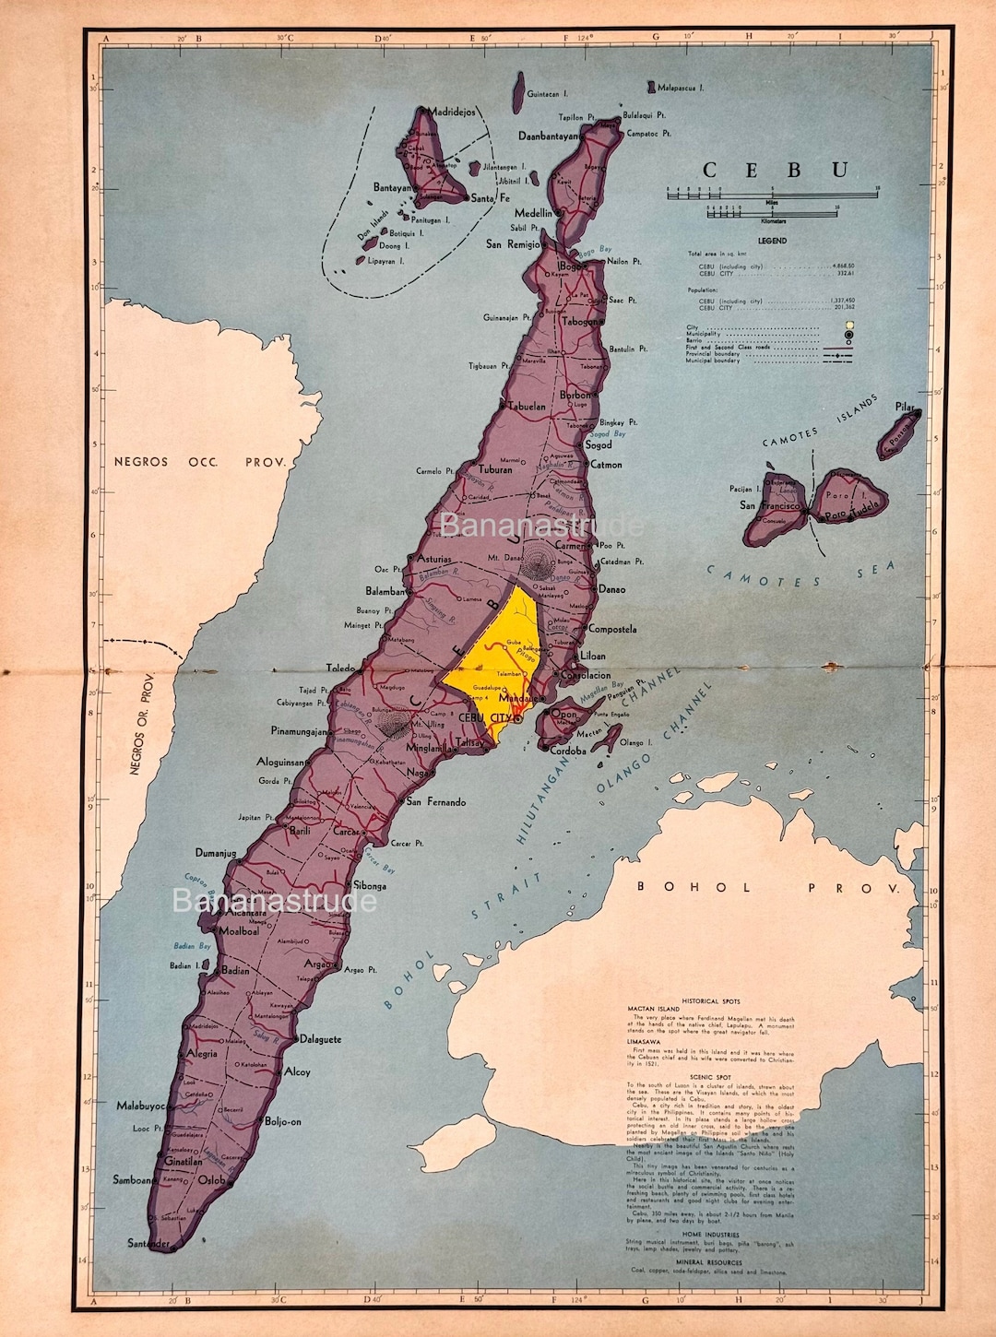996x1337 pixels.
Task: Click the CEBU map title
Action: coord(776,170)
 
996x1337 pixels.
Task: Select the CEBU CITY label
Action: coord(485,717)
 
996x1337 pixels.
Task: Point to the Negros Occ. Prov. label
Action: coord(200,461)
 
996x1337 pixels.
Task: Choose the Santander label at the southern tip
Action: coord(148,1244)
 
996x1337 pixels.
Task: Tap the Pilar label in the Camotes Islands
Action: coord(905,407)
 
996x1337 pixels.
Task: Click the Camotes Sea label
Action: coord(800,575)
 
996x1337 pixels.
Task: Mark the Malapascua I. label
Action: coord(681,88)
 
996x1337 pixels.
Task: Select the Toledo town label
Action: coord(340,668)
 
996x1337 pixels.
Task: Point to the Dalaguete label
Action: coord(320,1039)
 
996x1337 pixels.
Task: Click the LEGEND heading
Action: coord(772,241)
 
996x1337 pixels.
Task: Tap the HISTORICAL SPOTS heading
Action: coord(711,1000)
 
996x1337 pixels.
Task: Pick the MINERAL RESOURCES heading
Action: coord(709,1261)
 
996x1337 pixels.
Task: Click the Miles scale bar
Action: coord(773,195)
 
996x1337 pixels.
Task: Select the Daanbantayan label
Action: coord(548,136)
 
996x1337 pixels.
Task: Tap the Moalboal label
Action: coord(239,931)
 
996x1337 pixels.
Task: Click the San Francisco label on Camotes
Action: coord(769,505)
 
